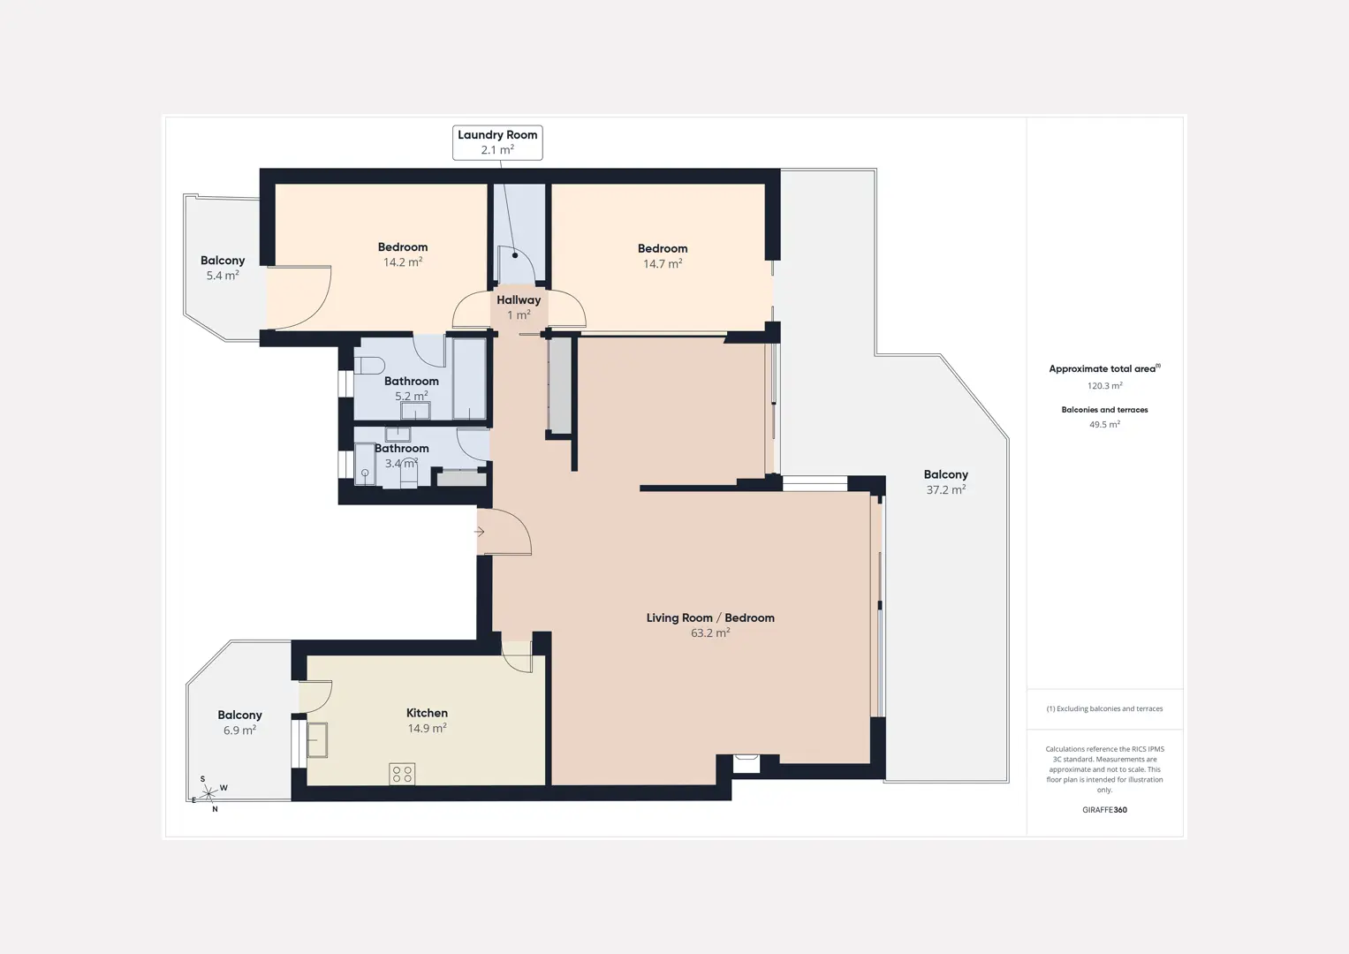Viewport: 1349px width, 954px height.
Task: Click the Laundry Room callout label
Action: tap(497, 142)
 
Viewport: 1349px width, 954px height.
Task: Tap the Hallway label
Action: tap(519, 300)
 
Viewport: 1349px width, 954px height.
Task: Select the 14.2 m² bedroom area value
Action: tap(403, 262)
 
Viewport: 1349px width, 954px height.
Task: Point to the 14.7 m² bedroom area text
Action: tap(663, 263)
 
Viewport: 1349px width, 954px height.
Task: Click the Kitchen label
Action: tap(427, 713)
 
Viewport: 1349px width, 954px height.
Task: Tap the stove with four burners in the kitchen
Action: tap(402, 774)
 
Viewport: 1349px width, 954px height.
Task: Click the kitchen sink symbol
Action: tap(317, 739)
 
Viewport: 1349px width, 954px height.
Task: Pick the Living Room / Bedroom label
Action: tap(710, 618)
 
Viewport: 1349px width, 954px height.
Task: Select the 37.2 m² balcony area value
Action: tap(946, 489)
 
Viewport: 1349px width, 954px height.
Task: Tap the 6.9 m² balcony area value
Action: tap(239, 730)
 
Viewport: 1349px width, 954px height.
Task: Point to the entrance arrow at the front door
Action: tap(480, 532)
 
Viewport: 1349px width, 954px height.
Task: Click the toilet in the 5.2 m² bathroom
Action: tap(369, 366)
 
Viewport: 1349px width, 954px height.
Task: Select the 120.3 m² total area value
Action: tap(1104, 386)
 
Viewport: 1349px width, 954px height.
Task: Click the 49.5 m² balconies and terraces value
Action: tap(1104, 425)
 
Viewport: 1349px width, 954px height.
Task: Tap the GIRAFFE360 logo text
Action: tap(1104, 810)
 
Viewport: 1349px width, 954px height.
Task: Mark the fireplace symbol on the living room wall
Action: tap(746, 764)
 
